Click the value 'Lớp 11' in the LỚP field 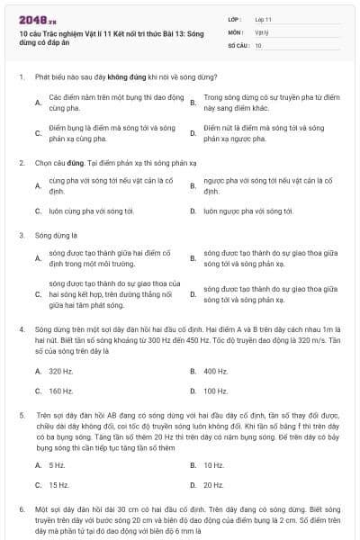tap(265, 19)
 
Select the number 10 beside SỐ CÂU tap(258, 44)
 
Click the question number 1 tap(21, 77)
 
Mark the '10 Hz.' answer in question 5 tap(214, 464)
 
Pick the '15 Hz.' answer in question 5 tap(59, 485)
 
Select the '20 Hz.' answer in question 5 tap(214, 485)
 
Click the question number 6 tap(21, 509)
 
